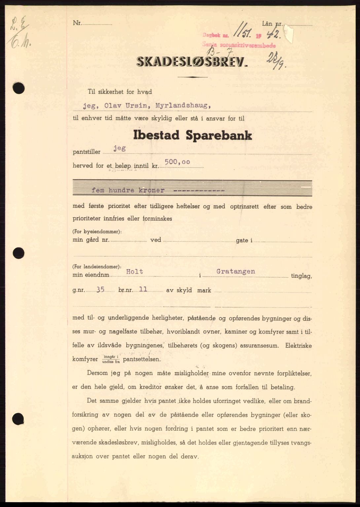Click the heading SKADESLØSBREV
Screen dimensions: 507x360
pyautogui.click(x=192, y=62)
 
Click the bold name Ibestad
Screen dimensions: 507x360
pyautogui.click(x=156, y=135)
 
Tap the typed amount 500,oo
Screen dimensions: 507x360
pyautogui.click(x=178, y=162)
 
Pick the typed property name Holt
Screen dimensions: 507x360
pyautogui.click(x=135, y=272)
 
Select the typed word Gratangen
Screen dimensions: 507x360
pyautogui.click(x=235, y=271)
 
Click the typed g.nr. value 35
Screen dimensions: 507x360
pyautogui.click(x=100, y=290)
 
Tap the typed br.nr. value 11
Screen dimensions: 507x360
pyautogui.click(x=143, y=289)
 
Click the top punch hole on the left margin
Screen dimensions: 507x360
pyautogui.click(x=19, y=88)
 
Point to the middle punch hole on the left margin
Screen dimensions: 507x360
pyautogui.click(x=18, y=253)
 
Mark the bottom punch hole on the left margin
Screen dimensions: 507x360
pyautogui.click(x=18, y=419)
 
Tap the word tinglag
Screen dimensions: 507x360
pyautogui.click(x=301, y=276)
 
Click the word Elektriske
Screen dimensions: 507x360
pyautogui.click(x=299, y=346)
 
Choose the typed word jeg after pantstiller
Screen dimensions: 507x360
pyautogui.click(x=119, y=148)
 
